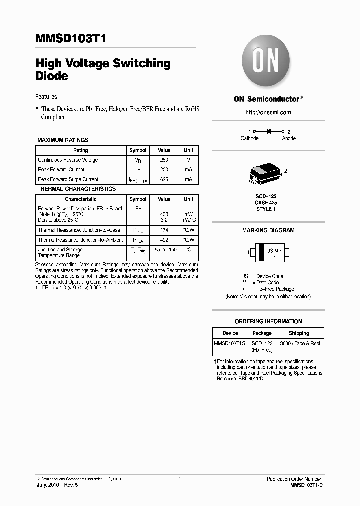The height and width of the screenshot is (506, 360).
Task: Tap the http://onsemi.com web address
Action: [268, 113]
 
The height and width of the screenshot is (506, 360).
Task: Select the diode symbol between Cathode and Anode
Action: [268, 131]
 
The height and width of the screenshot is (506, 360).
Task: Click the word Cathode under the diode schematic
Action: [249, 138]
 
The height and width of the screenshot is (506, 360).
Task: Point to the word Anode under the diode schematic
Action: [288, 138]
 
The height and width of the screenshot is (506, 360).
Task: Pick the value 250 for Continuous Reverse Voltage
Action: [164, 160]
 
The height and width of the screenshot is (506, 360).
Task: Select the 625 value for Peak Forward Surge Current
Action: [164, 179]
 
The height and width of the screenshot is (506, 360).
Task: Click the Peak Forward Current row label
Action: [61, 170]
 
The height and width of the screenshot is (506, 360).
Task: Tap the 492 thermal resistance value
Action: [164, 240]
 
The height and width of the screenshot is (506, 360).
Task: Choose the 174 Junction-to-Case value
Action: [164, 230]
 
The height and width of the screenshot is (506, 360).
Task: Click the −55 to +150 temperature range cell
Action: [164, 249]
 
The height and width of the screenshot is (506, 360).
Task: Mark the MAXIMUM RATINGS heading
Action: [63, 140]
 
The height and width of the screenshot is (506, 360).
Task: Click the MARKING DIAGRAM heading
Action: [268, 230]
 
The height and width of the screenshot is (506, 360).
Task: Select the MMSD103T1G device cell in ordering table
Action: [230, 344]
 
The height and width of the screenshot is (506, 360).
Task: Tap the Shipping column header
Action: [299, 333]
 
